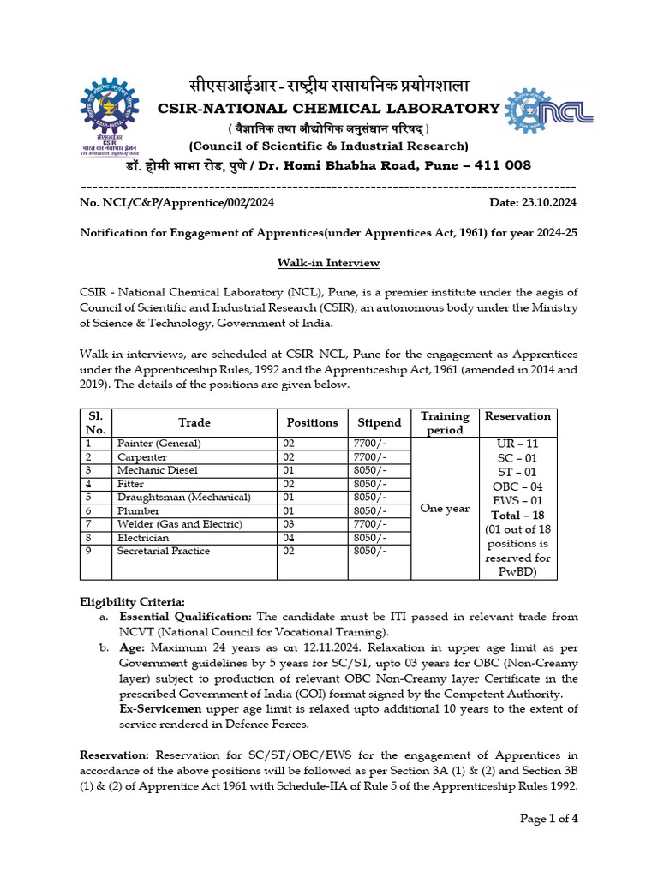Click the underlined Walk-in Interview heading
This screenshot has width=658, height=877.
pos(328,263)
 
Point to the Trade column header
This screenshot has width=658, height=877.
pos(194,422)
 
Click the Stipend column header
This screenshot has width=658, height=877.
pos(379,422)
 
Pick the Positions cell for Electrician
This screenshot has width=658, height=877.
pos(289,538)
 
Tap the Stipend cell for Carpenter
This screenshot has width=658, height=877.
pos(369,457)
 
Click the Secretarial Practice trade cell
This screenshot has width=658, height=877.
pos(164,551)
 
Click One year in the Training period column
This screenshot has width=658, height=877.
pos(444,508)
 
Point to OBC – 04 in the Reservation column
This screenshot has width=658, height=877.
pos(518,486)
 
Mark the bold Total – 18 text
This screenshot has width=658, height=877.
pos(518,516)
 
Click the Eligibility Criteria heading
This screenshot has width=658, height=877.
pos(132,602)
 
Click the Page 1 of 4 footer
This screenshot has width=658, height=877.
pos(549,818)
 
